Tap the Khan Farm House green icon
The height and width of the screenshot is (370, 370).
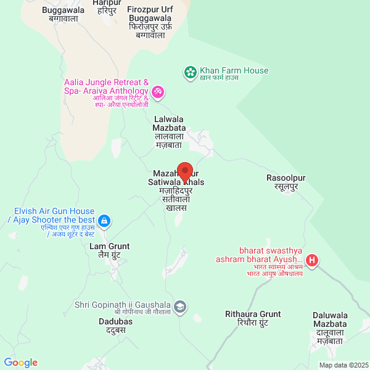point(190,72)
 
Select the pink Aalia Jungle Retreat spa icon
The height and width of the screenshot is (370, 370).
point(157,92)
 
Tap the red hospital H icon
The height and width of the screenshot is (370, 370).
point(313,261)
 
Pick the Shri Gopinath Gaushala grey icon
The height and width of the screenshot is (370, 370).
point(180,306)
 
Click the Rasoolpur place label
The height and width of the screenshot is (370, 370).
point(286,178)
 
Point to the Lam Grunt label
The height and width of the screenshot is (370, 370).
point(110,247)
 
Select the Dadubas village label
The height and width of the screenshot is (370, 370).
point(112,321)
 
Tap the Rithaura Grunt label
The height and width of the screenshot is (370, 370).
point(253,314)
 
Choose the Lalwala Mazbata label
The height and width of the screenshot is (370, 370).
point(169,123)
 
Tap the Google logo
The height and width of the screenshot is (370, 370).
point(20,363)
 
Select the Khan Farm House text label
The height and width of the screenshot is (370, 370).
point(234,70)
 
